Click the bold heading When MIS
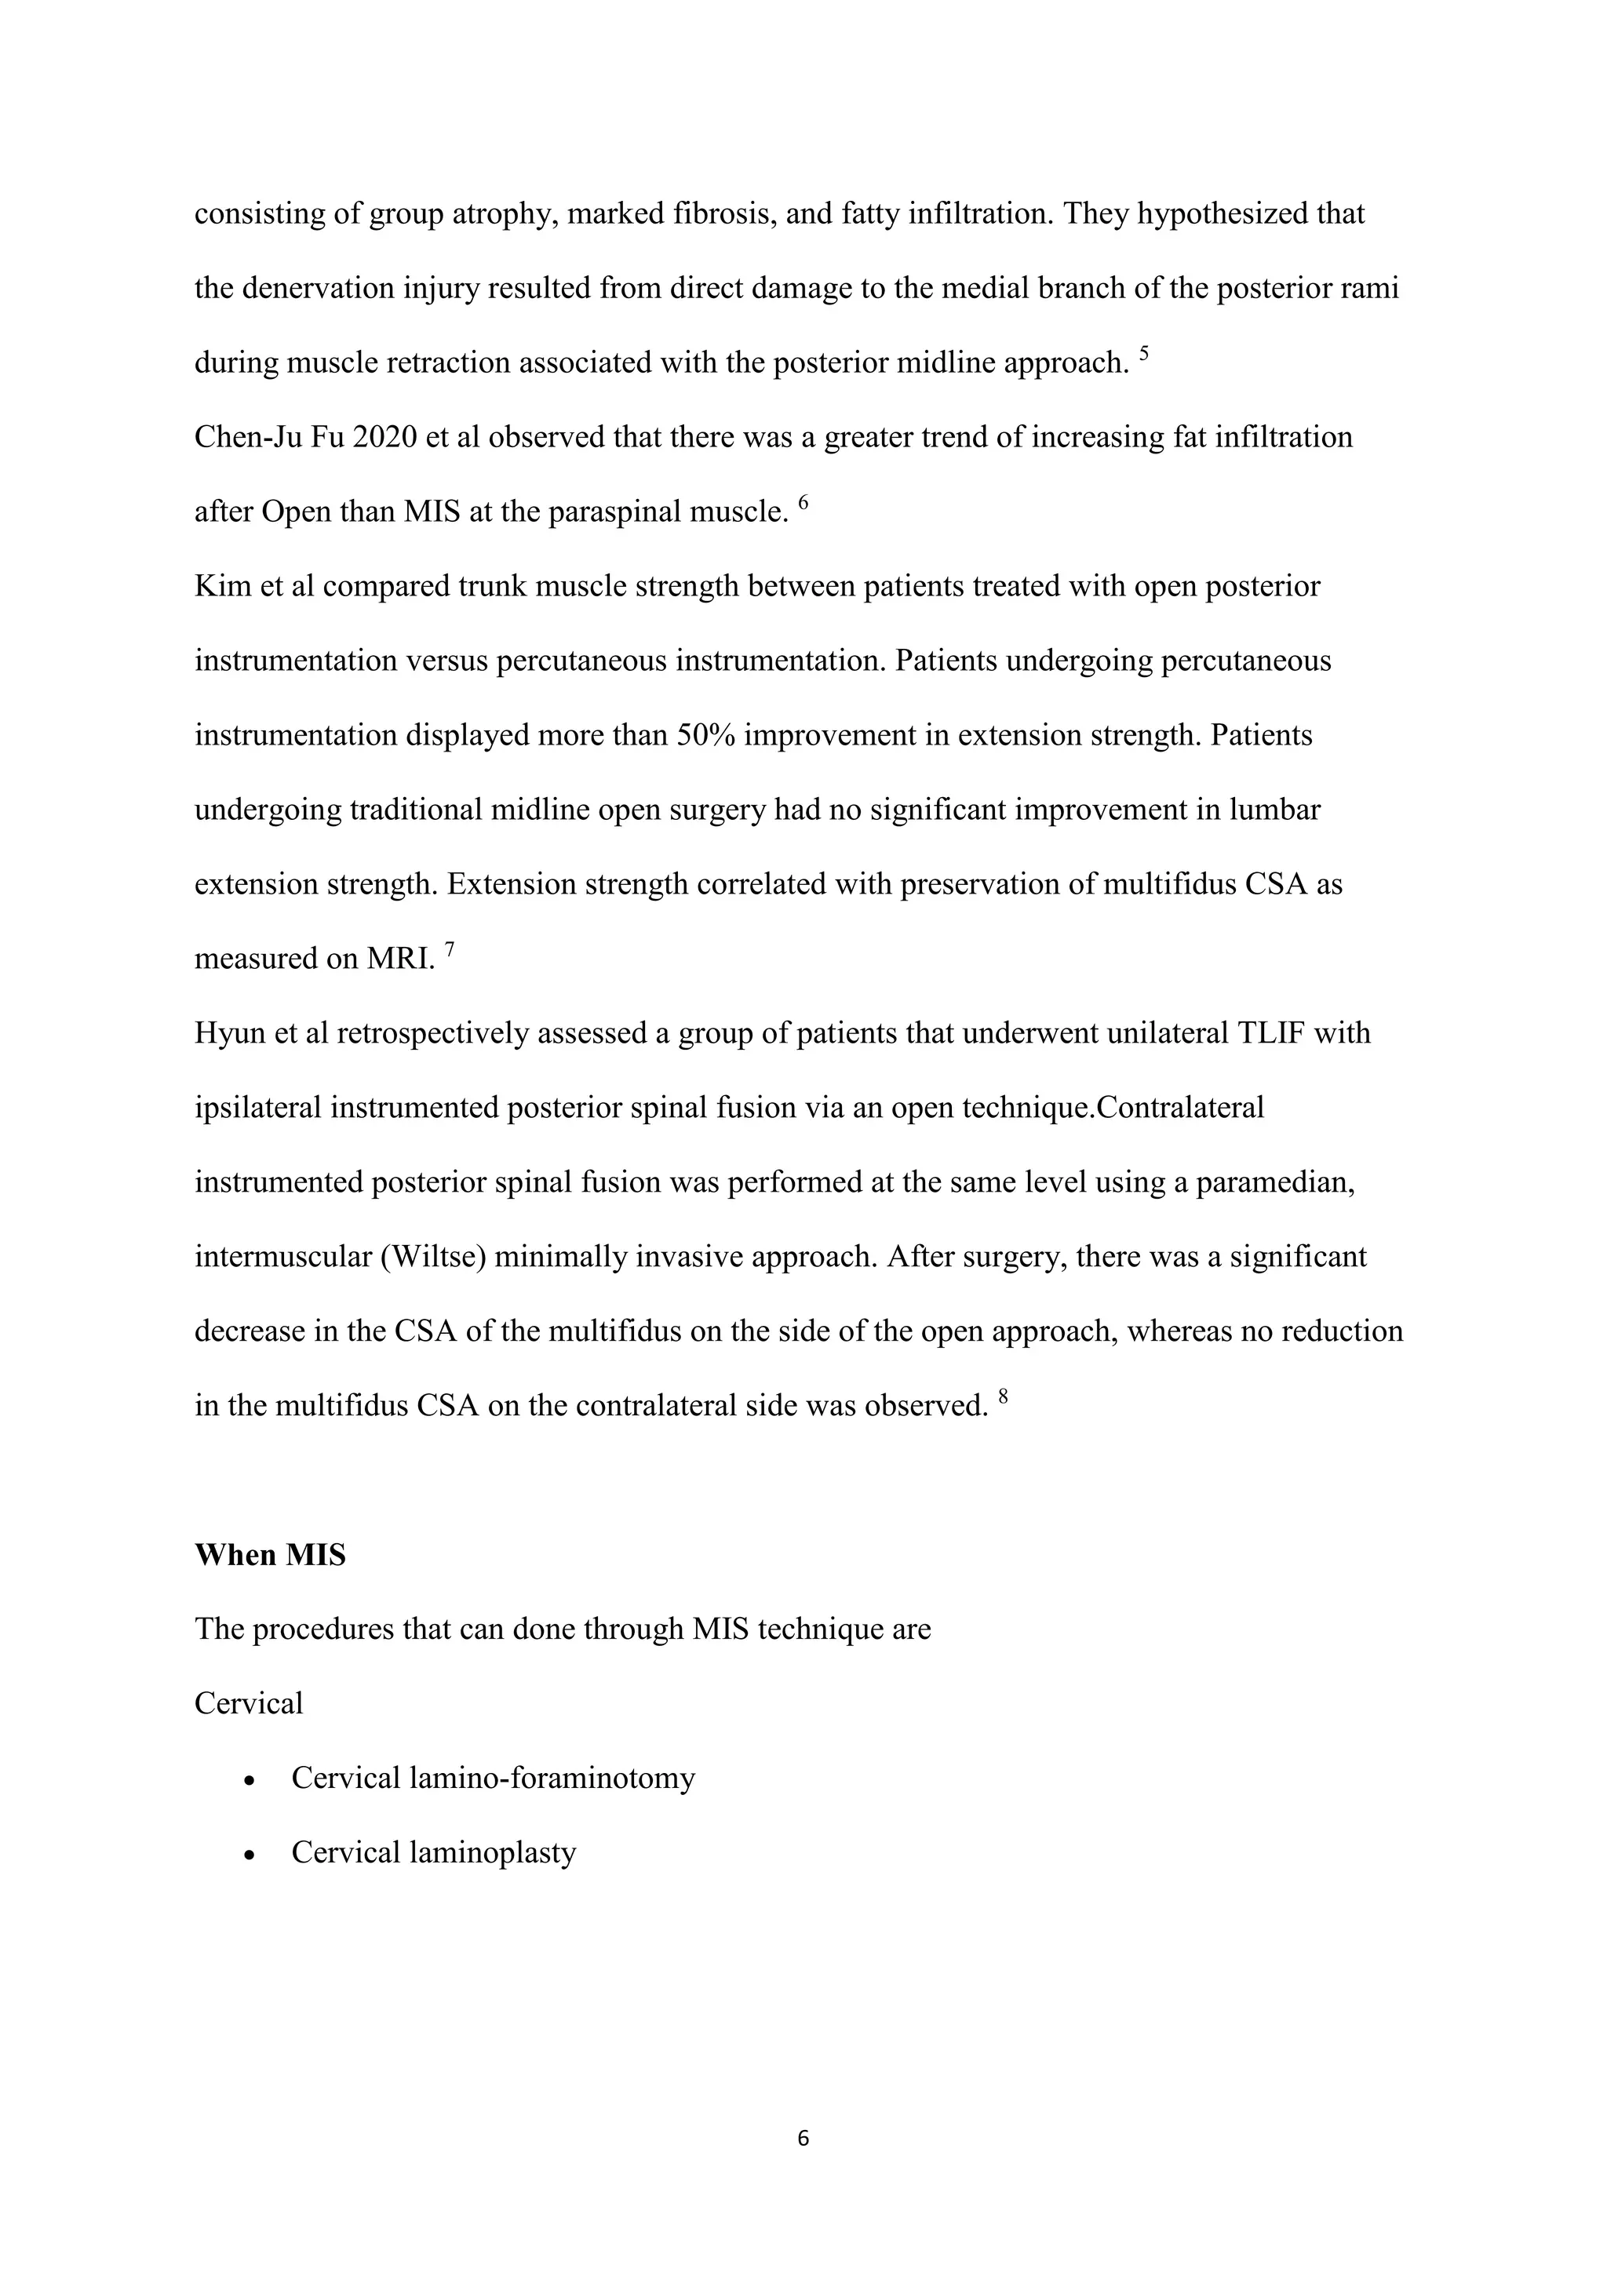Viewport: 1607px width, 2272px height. [270, 1555]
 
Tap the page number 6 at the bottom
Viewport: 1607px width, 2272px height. [803, 2139]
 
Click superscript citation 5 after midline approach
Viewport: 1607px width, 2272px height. [1144, 353]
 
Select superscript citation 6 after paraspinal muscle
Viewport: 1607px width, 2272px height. [803, 503]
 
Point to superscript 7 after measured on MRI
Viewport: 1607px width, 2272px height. [450, 949]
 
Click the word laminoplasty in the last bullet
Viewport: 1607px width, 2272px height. [492, 1852]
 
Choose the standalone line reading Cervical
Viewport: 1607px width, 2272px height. [249, 1703]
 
